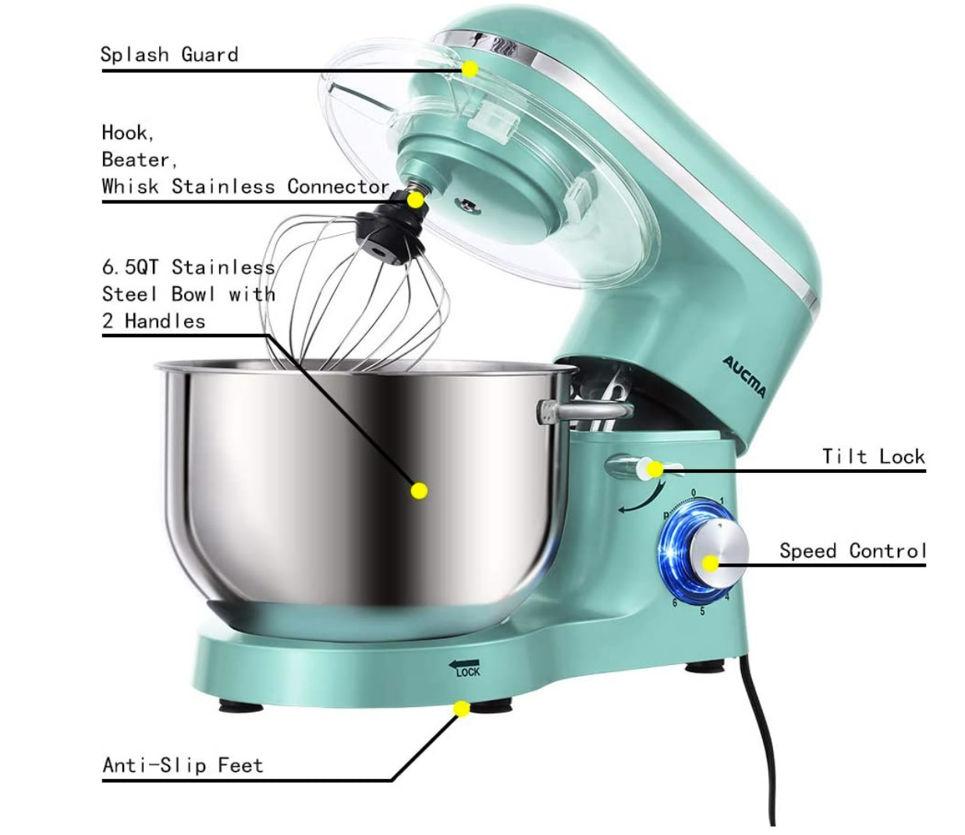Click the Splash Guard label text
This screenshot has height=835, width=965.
point(169,55)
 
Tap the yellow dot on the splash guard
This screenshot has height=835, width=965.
point(470,69)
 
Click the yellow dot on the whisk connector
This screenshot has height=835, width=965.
point(414,201)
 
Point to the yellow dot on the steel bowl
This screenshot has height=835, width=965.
point(419,491)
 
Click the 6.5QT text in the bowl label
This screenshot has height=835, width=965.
point(130,268)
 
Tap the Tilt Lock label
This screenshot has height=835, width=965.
point(873,457)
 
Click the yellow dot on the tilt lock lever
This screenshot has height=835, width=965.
point(655,469)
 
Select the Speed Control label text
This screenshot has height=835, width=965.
point(853,551)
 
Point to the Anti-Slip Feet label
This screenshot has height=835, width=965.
point(183,766)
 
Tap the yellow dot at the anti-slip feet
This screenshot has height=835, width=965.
point(461,709)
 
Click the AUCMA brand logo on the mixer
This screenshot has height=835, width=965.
point(744,377)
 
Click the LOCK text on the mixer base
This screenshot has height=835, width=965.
point(468,673)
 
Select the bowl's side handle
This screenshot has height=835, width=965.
point(584,411)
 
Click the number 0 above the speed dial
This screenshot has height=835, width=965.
point(694,493)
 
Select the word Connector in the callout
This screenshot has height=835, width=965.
point(338,187)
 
